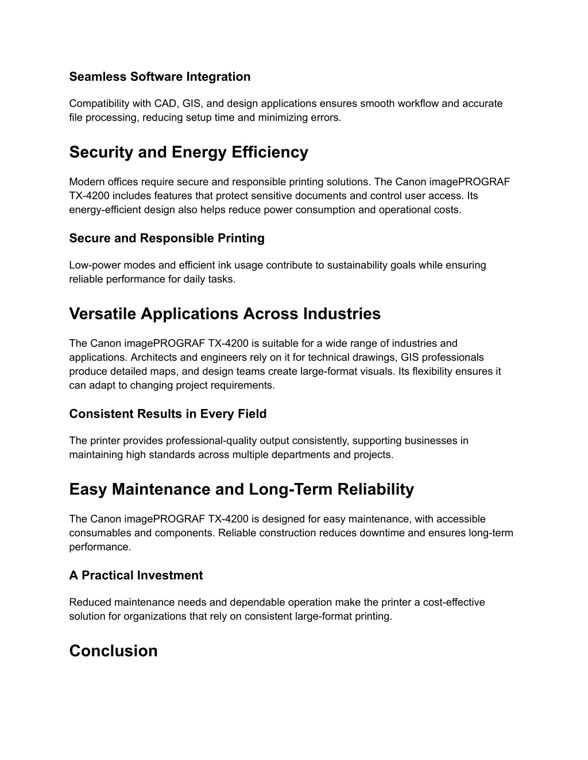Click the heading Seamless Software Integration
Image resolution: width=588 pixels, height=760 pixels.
point(160,77)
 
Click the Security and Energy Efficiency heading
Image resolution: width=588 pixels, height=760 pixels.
point(188,153)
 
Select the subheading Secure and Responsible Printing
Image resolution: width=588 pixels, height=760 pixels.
point(167,239)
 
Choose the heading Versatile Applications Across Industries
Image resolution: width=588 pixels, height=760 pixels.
point(225,314)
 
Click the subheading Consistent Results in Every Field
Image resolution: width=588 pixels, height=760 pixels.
point(168,414)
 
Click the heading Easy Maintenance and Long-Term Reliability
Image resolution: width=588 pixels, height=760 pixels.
point(241,490)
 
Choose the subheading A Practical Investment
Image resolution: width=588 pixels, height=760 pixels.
point(136,576)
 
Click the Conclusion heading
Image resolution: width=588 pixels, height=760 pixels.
point(113,652)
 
